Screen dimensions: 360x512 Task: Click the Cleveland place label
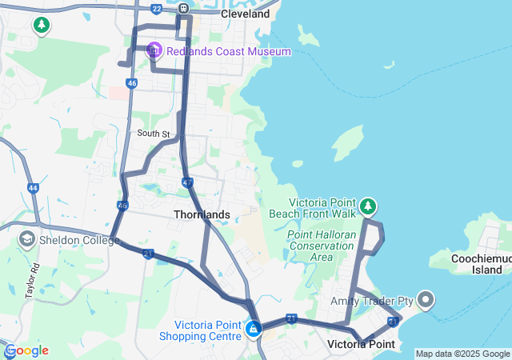pos(245,14)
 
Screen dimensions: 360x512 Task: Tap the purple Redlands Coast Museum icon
pos(154,51)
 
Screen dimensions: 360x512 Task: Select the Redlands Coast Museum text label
pos(228,51)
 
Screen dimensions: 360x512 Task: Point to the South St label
pos(154,133)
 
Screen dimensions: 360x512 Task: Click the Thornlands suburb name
pos(202,214)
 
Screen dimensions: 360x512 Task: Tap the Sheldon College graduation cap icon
pos(26,239)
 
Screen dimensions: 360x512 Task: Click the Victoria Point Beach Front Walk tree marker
pos(367,206)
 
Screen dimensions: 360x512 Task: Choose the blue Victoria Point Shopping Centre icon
pos(254,328)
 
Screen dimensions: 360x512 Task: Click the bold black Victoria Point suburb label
pos(361,344)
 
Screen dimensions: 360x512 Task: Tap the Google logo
pos(26,350)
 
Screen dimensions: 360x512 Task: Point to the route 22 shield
pos(156,9)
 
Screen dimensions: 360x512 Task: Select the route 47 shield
pos(187,182)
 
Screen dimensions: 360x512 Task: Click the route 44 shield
pos(33,188)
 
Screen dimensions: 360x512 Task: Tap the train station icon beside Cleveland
pos(183,9)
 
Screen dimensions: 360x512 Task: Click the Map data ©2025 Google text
pos(462,354)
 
